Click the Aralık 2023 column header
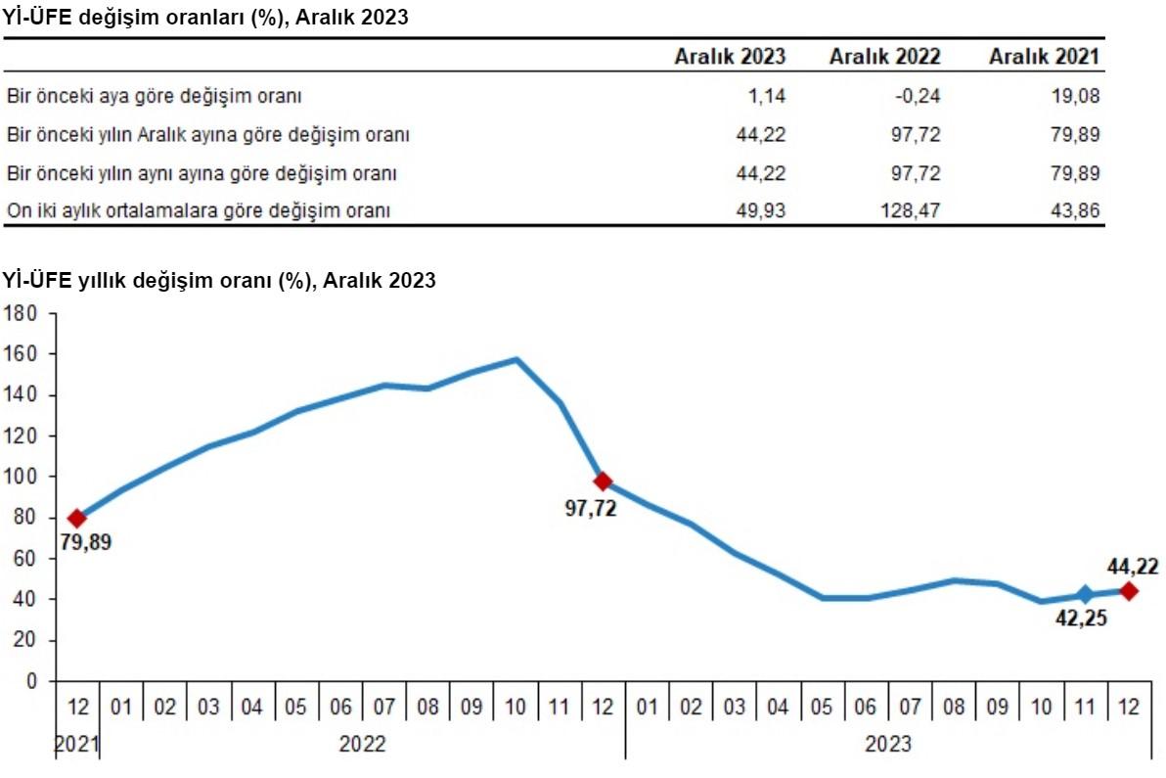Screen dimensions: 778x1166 click(x=730, y=57)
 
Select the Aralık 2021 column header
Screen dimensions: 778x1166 click(x=1044, y=57)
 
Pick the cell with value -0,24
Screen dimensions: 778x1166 click(x=918, y=97)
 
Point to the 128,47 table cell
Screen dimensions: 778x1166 click(x=911, y=210)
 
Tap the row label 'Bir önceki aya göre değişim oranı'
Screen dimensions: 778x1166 click(x=155, y=97)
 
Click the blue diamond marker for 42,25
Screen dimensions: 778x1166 click(x=1084, y=594)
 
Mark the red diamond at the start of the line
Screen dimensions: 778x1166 click(x=77, y=518)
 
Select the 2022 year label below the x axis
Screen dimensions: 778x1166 click(x=362, y=745)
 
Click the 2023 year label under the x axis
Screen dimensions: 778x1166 click(x=887, y=745)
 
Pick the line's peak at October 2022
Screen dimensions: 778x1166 click(x=516, y=359)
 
